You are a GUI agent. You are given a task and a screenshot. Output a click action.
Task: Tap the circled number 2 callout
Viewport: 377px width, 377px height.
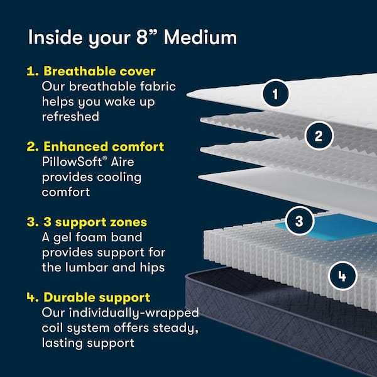(319, 135)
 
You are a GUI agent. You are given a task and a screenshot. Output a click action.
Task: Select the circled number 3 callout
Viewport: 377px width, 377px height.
(299, 221)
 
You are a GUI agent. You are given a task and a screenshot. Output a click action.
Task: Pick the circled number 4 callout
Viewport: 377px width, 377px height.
(341, 275)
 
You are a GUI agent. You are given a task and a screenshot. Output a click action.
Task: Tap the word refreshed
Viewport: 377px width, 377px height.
(71, 117)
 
